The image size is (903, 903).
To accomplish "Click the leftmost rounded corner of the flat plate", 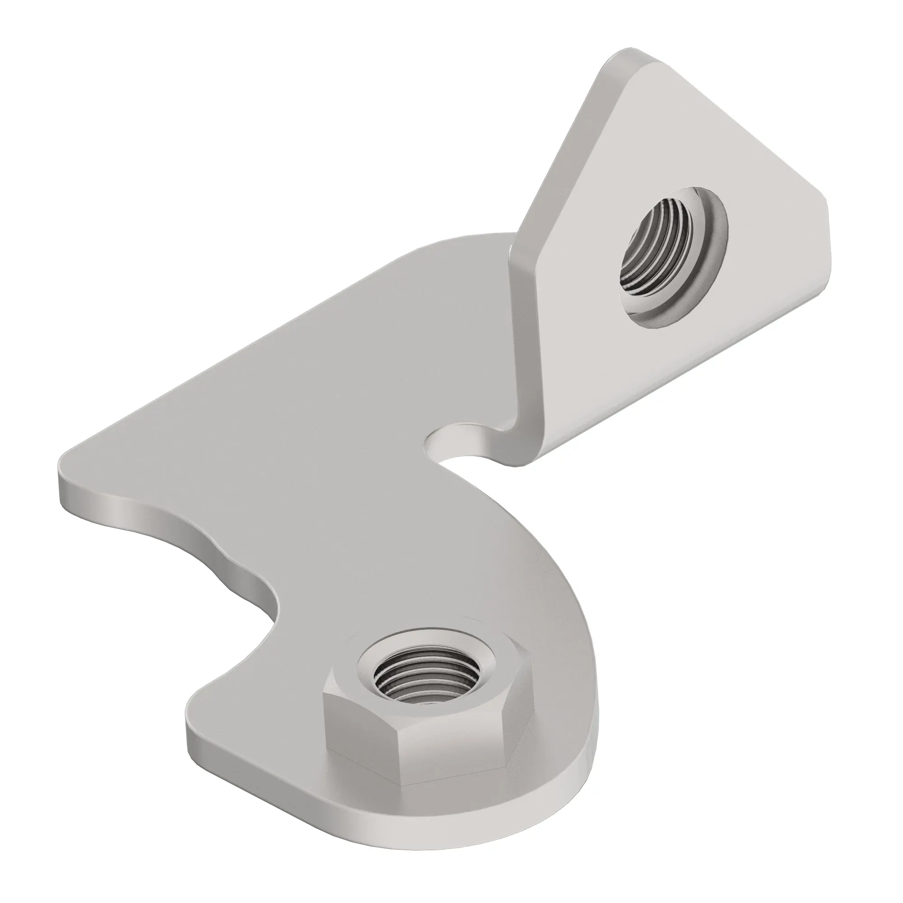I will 70,467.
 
